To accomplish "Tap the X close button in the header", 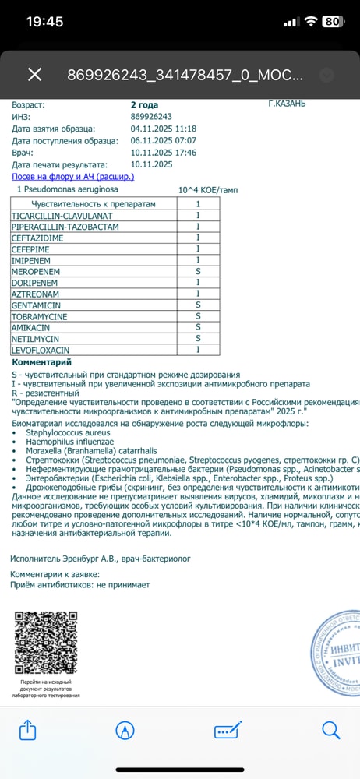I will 34,74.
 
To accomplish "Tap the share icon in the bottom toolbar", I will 27,730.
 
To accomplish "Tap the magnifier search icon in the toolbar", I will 331,730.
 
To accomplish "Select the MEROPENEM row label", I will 36,271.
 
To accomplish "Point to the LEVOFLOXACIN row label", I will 41,351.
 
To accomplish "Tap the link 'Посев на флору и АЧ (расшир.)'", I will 73,177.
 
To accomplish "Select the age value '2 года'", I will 144,104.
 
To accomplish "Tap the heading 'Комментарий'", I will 41,362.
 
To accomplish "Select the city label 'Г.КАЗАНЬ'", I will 287,104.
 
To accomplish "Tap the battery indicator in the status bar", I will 331,22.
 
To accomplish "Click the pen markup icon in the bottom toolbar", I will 124,730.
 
